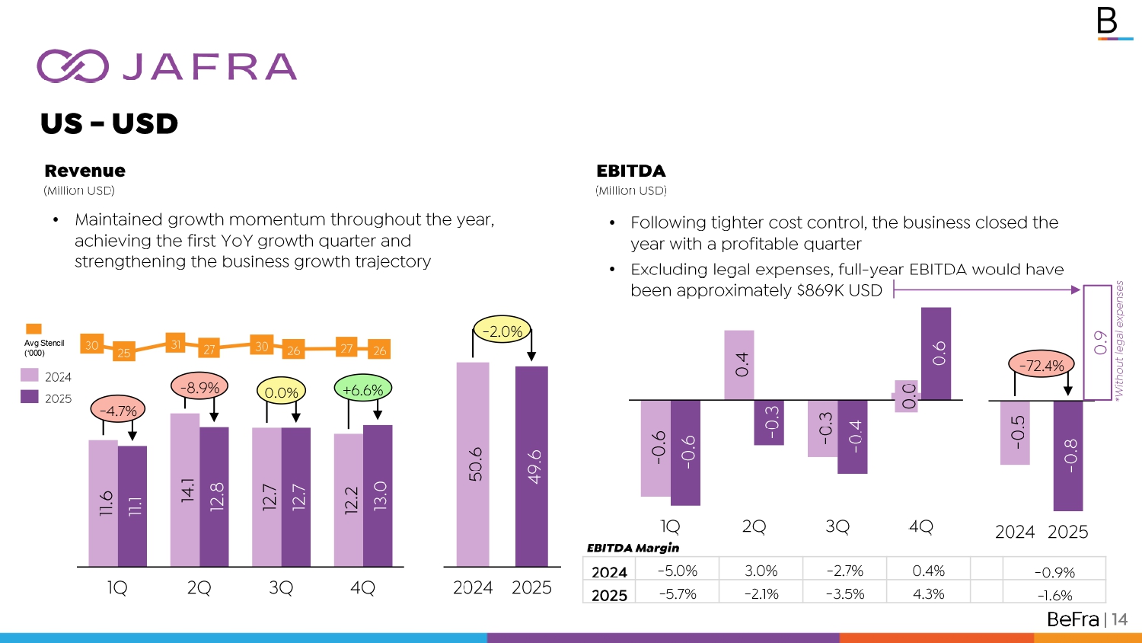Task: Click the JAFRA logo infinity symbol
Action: point(72,66)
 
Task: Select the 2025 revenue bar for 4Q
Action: point(378,495)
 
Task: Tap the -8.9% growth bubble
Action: point(199,387)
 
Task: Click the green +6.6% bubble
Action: point(362,389)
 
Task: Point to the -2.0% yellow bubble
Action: point(502,331)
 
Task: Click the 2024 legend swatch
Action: point(30,376)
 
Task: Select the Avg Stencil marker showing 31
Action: point(176,344)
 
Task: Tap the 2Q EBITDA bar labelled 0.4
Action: point(739,365)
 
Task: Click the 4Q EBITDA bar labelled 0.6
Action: point(936,353)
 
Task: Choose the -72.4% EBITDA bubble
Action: point(1041,365)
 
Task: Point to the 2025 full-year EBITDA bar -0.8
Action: point(1068,456)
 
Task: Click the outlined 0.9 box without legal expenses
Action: point(1098,342)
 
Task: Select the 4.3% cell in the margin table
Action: point(928,594)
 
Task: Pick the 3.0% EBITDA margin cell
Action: point(761,571)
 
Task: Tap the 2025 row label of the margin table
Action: point(609,595)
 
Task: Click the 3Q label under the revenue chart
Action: point(281,588)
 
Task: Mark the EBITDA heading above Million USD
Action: point(630,171)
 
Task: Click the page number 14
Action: point(1118,619)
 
